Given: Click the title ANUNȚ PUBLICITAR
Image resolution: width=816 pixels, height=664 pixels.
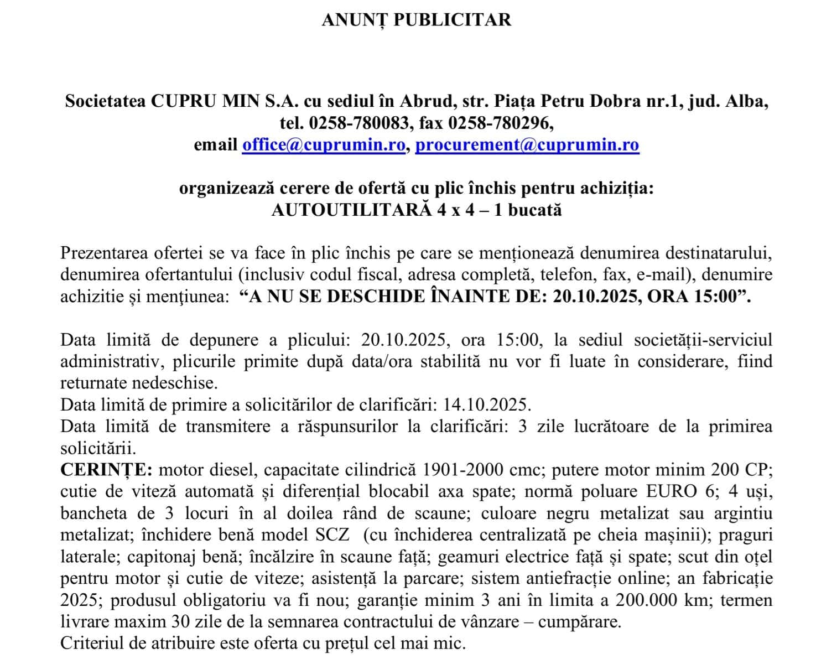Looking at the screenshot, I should [x=416, y=20].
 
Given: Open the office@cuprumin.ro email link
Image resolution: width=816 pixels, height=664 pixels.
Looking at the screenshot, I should [x=324, y=145].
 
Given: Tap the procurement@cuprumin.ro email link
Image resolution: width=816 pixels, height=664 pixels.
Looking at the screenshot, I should [x=527, y=145].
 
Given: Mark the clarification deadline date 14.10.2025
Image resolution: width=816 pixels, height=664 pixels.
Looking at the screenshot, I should [x=486, y=404].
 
